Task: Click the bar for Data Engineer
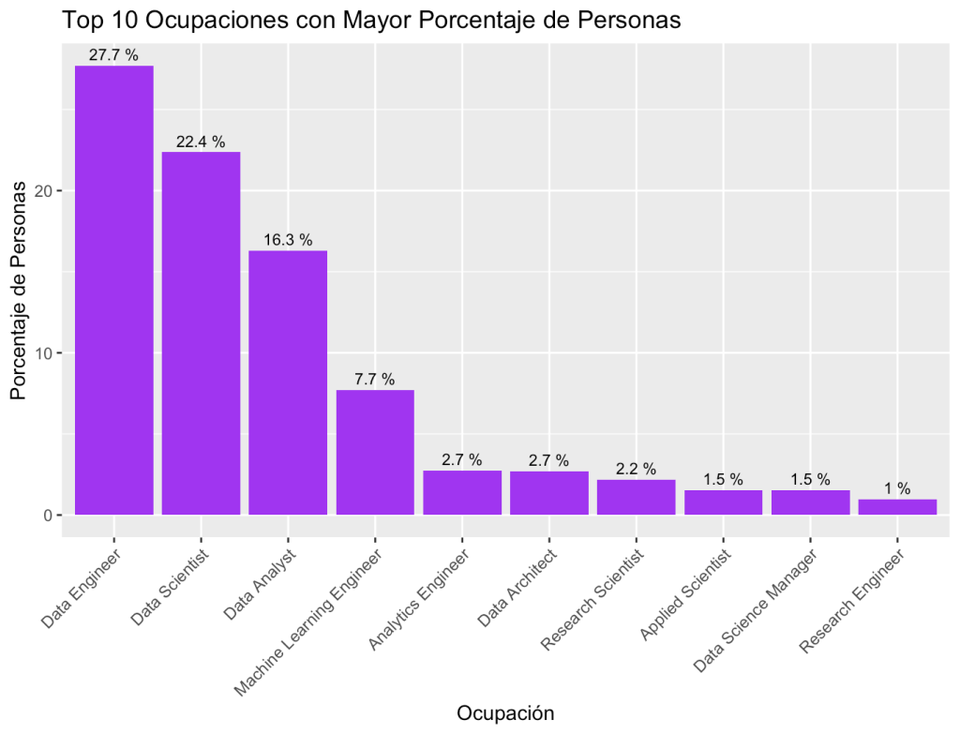113,290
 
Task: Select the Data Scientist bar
201,333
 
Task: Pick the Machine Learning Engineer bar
375,452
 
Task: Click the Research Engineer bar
897,507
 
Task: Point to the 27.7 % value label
113,55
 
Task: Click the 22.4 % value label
201,142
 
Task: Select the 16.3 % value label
288,240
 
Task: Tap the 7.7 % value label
375,380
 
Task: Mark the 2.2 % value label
636,469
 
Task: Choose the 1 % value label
897,488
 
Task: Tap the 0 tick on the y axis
54,516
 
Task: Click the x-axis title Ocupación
505,713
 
